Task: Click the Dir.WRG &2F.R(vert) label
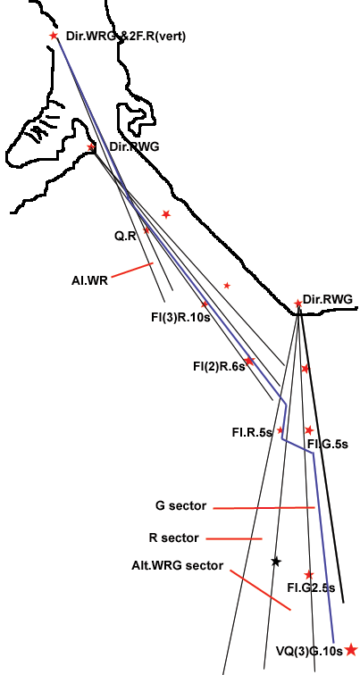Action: point(126,37)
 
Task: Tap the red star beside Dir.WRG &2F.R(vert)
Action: point(54,36)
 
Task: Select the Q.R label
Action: point(125,236)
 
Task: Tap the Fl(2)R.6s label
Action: point(219,367)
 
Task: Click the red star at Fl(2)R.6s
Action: point(249,361)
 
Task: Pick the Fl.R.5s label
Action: point(252,432)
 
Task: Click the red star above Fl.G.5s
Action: point(309,430)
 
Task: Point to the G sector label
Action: point(180,506)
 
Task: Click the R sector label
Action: point(174,538)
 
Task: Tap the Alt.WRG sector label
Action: point(178,565)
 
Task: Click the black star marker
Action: point(276,562)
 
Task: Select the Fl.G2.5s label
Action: point(311,587)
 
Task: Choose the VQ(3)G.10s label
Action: point(309,651)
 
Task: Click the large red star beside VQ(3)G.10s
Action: point(351,650)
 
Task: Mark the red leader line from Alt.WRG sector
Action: point(260,590)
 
